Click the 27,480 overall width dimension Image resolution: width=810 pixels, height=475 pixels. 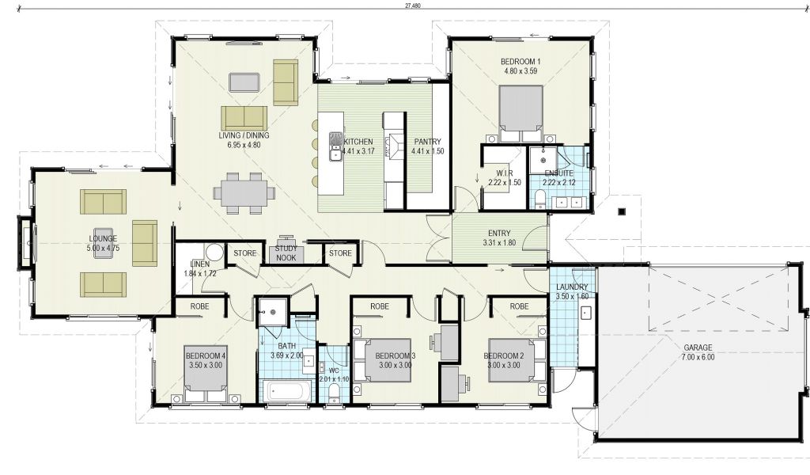[413, 6]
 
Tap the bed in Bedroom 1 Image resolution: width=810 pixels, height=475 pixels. [520, 114]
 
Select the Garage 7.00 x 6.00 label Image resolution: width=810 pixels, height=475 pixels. [698, 352]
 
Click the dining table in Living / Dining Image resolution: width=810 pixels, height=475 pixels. [244, 193]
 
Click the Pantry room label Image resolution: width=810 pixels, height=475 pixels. [428, 141]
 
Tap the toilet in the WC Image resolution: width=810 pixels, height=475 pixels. [335, 392]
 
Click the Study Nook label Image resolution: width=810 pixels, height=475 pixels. [286, 253]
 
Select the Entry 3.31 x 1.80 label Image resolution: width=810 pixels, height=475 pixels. [499, 237]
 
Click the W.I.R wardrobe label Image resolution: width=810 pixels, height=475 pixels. [504, 173]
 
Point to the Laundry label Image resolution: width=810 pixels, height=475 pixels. [573, 287]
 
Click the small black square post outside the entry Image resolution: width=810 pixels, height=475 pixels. [622, 211]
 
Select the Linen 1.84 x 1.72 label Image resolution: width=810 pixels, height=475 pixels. [200, 268]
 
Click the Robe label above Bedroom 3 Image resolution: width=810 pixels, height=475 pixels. [380, 306]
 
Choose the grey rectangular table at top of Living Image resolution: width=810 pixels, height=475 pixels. [245, 82]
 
